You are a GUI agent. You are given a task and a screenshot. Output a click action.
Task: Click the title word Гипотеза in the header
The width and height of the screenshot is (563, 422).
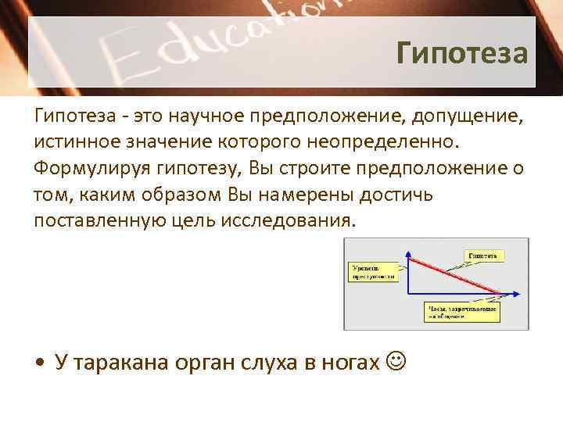point(462,54)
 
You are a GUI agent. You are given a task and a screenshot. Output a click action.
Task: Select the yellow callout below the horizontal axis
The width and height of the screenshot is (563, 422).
point(463,310)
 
